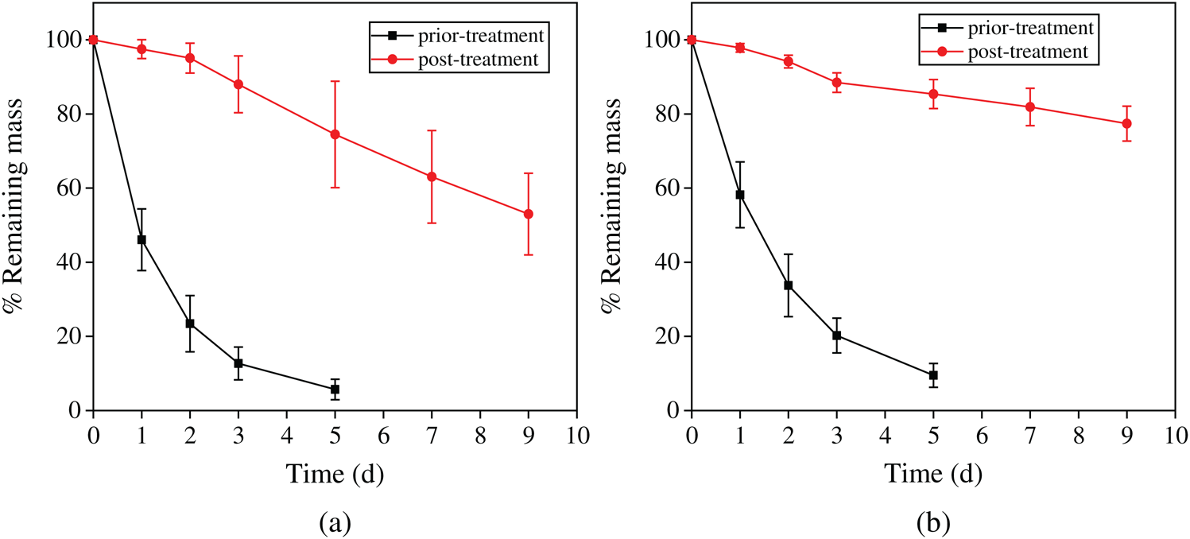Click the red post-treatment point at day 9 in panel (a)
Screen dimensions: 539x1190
(529, 214)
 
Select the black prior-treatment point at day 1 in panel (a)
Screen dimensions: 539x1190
(141, 239)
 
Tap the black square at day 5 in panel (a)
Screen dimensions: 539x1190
(335, 389)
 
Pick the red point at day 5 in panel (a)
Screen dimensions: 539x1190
(335, 134)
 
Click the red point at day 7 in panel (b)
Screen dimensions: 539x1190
(1030, 107)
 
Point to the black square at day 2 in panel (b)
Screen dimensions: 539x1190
(789, 285)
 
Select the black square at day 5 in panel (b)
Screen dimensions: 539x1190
(933, 375)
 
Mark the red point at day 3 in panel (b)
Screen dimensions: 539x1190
(837, 82)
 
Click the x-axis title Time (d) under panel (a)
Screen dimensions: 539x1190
(335, 475)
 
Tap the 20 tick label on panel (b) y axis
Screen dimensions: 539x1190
(665, 336)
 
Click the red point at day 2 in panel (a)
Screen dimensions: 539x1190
(190, 58)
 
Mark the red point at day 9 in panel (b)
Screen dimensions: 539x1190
(1126, 123)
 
